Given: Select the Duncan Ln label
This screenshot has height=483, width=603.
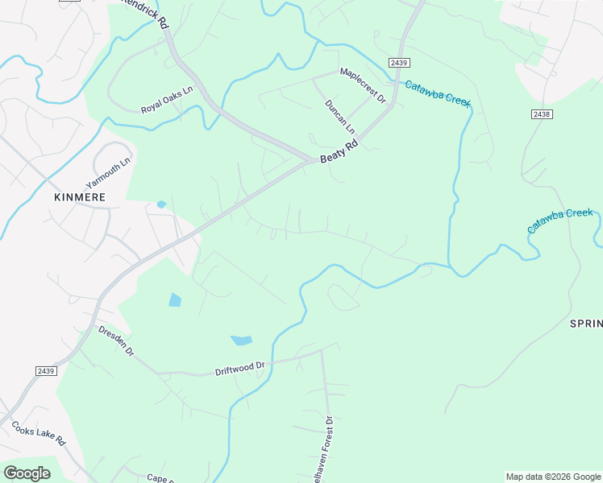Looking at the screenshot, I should pyautogui.click(x=339, y=116).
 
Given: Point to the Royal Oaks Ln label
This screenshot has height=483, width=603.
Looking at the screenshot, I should pyautogui.click(x=168, y=100).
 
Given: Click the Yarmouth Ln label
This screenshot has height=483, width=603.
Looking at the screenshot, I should pyautogui.click(x=107, y=174).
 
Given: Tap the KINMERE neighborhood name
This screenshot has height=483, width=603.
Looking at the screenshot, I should pyautogui.click(x=80, y=196).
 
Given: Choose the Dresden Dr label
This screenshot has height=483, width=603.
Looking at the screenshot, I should pyautogui.click(x=116, y=341).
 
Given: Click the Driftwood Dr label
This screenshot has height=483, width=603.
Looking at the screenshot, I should pyautogui.click(x=239, y=369).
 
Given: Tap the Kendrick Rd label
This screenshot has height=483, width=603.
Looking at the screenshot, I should pyautogui.click(x=145, y=11).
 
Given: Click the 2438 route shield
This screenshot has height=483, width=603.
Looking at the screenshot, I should pyautogui.click(x=542, y=115).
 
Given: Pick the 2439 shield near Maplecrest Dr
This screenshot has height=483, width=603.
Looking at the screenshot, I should pyautogui.click(x=397, y=63).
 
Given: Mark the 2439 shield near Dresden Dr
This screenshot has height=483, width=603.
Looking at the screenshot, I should pyautogui.click(x=46, y=370).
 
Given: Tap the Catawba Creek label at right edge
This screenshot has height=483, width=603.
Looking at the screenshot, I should pyautogui.click(x=560, y=221).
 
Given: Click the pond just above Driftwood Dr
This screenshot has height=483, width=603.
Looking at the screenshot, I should pyautogui.click(x=241, y=341).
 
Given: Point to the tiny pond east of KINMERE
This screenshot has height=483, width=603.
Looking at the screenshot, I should pyautogui.click(x=161, y=204).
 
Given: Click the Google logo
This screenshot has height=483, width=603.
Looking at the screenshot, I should pyautogui.click(x=27, y=473).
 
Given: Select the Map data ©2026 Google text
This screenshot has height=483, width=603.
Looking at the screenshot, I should pyautogui.click(x=553, y=477).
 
